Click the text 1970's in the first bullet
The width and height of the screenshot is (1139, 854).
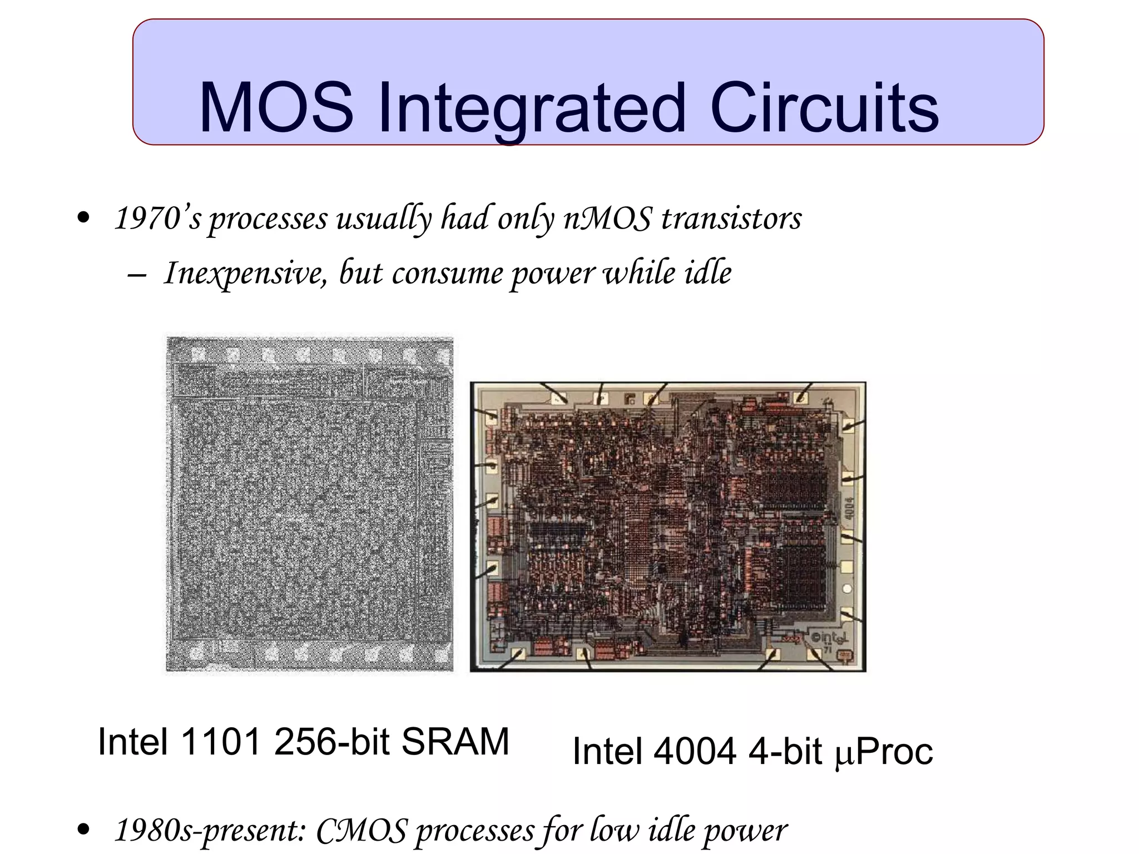point(157,218)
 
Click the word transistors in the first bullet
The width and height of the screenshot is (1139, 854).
point(731,218)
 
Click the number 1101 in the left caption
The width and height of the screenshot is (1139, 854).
point(221,742)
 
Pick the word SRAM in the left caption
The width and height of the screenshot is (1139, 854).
point(455,742)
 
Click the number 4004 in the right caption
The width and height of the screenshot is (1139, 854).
point(695,751)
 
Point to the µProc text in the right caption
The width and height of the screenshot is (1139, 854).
point(884,751)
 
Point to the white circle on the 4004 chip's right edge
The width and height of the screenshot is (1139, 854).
point(847,589)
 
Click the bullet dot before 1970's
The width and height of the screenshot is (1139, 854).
point(83,218)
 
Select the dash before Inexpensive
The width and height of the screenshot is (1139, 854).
point(137,275)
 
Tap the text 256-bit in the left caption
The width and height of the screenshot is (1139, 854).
point(331,742)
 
